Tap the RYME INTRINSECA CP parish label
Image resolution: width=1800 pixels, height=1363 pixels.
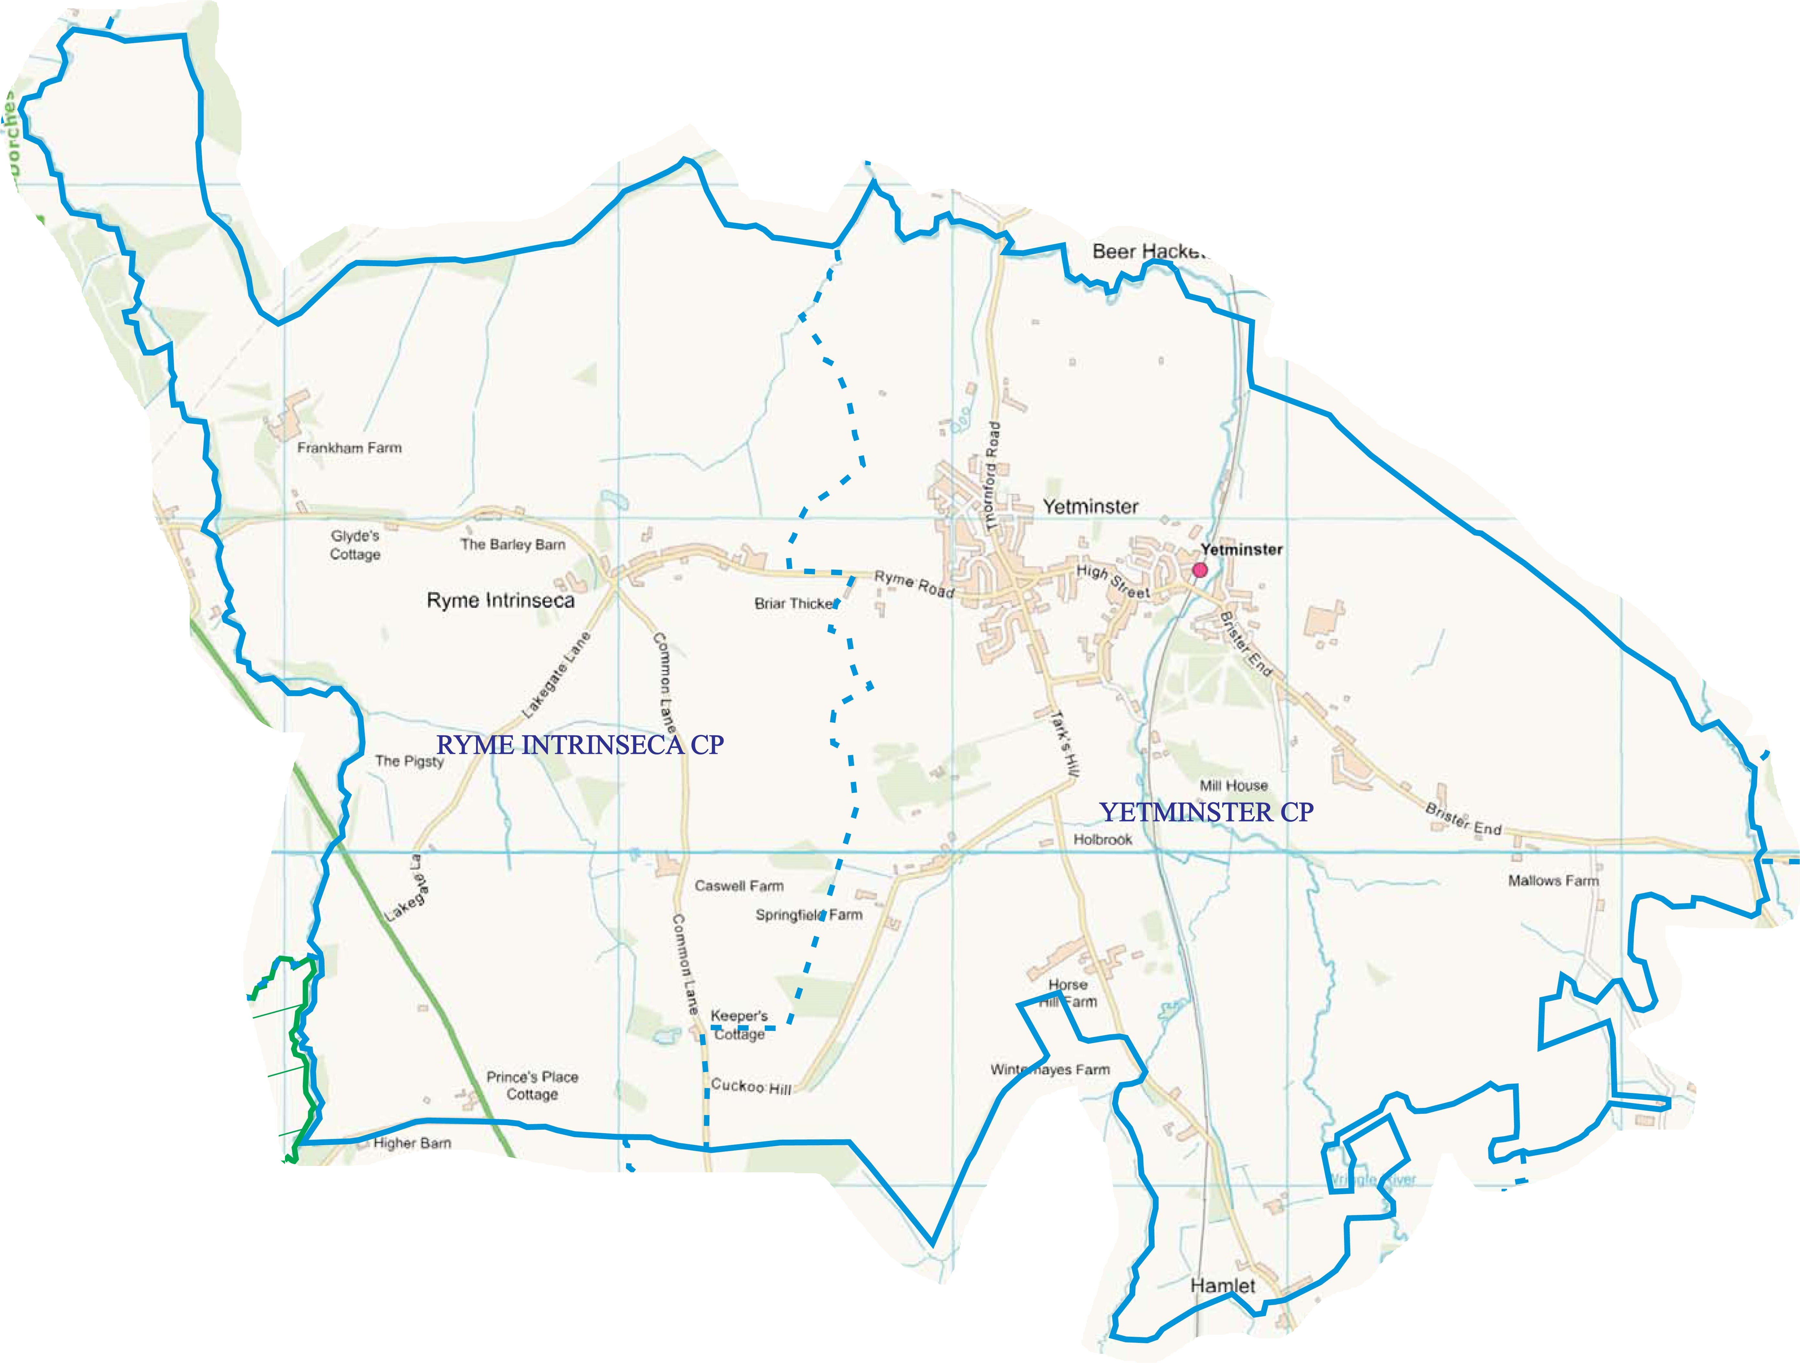579,745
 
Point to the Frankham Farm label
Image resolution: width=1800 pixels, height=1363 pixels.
349,448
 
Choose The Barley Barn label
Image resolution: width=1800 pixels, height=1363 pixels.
513,544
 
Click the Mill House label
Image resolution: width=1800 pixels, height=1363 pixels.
1234,785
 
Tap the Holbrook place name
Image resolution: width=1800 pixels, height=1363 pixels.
1103,840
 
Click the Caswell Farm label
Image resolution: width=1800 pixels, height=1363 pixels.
739,885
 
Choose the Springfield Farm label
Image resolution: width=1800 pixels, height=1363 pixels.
808,915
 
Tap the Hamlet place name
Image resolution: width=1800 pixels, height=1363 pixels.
1222,1286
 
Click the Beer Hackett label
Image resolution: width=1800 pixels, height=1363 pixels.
1147,251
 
